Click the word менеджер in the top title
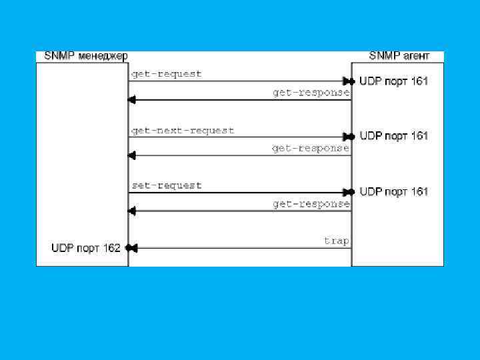[103, 56]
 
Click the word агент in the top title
[413, 56]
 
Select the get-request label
[166, 74]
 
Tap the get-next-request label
[183, 131]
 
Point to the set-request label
[166, 185]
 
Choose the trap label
[337, 240]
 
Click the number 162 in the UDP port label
[111, 248]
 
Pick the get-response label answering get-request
[311, 93]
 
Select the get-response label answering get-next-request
[311, 148]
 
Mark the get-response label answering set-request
[311, 204]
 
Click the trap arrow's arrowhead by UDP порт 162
[131, 249]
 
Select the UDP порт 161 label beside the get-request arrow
[394, 81]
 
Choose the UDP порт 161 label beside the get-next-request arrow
[394, 136]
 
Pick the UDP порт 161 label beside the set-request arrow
[394, 192]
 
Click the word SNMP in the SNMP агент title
[383, 56]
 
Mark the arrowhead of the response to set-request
[131, 211]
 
